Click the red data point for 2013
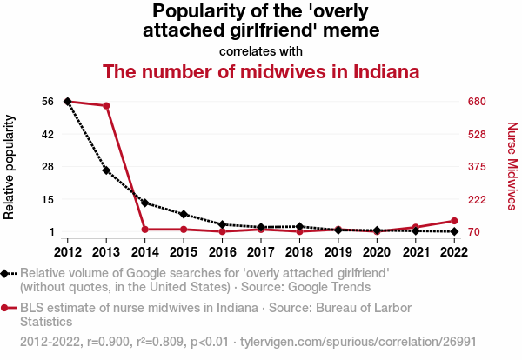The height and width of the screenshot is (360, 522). point(106,106)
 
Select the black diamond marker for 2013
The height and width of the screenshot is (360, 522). point(106,170)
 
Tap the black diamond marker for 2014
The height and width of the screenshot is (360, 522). point(145,203)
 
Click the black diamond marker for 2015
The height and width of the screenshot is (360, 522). point(184,214)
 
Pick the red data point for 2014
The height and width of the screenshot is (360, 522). point(145,230)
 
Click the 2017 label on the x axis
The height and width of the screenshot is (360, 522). point(261,251)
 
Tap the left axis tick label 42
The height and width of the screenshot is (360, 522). point(48,134)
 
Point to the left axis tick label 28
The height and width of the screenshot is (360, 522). point(48,166)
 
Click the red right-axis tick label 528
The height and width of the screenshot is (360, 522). point(476,134)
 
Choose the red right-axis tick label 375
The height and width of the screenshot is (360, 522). point(476,166)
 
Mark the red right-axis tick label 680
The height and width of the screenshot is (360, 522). point(476,102)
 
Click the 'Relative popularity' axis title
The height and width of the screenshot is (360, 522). point(10,165)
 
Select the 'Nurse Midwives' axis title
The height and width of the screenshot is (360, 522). point(512,165)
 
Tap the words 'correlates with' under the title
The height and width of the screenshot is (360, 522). point(261,50)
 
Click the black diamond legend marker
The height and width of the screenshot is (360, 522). point(6,273)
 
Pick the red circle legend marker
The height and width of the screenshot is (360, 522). point(6,308)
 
